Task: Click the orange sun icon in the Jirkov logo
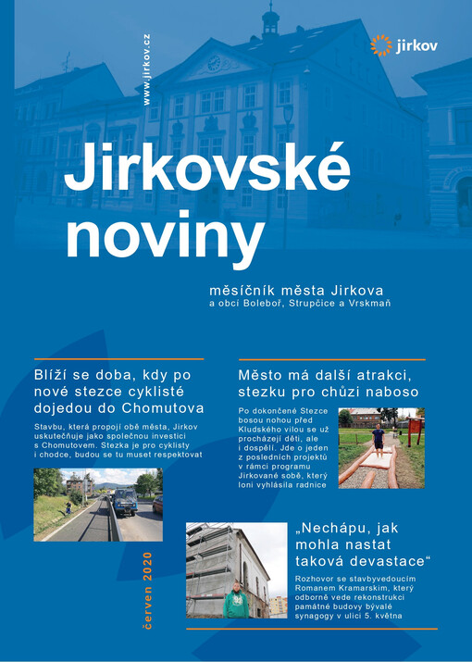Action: [380, 44]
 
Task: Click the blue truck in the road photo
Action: [126, 501]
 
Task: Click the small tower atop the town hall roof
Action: [270, 19]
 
